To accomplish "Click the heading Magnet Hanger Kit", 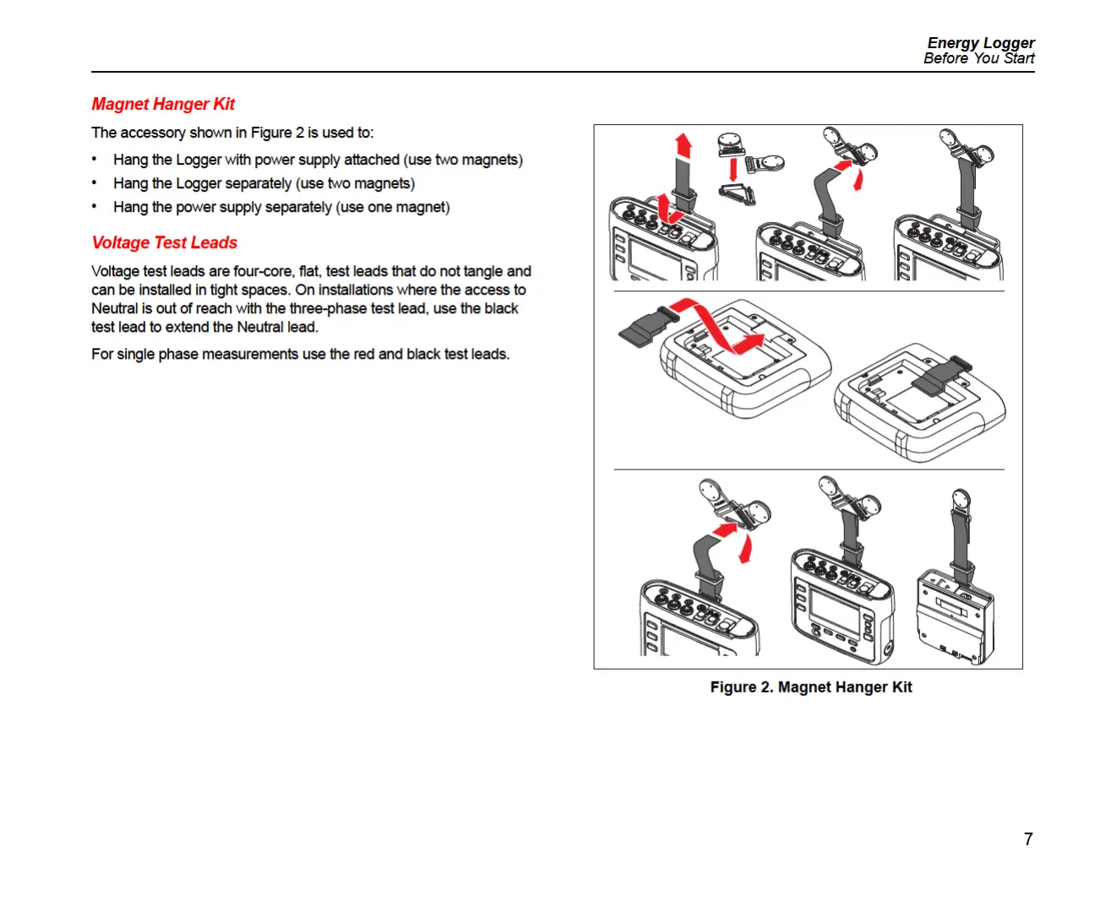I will pyautogui.click(x=163, y=104).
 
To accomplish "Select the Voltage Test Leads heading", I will pyautogui.click(x=165, y=242).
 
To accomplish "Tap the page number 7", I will pyautogui.click(x=1028, y=839).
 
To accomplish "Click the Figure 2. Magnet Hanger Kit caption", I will pyautogui.click(x=810, y=687).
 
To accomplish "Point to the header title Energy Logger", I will pyautogui.click(x=980, y=42).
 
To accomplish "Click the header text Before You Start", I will pyautogui.click(x=978, y=58).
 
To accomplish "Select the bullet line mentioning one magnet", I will pyautogui.click(x=281, y=207).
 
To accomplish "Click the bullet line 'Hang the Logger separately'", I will pyautogui.click(x=264, y=183).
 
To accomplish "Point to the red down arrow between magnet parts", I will pyautogui.click(x=733, y=168).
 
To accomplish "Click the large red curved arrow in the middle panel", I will pyautogui.click(x=718, y=325).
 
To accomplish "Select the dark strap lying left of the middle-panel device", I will pyautogui.click(x=645, y=328).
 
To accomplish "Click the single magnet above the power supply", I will pyautogui.click(x=961, y=500).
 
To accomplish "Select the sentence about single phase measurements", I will pyautogui.click(x=300, y=354).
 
